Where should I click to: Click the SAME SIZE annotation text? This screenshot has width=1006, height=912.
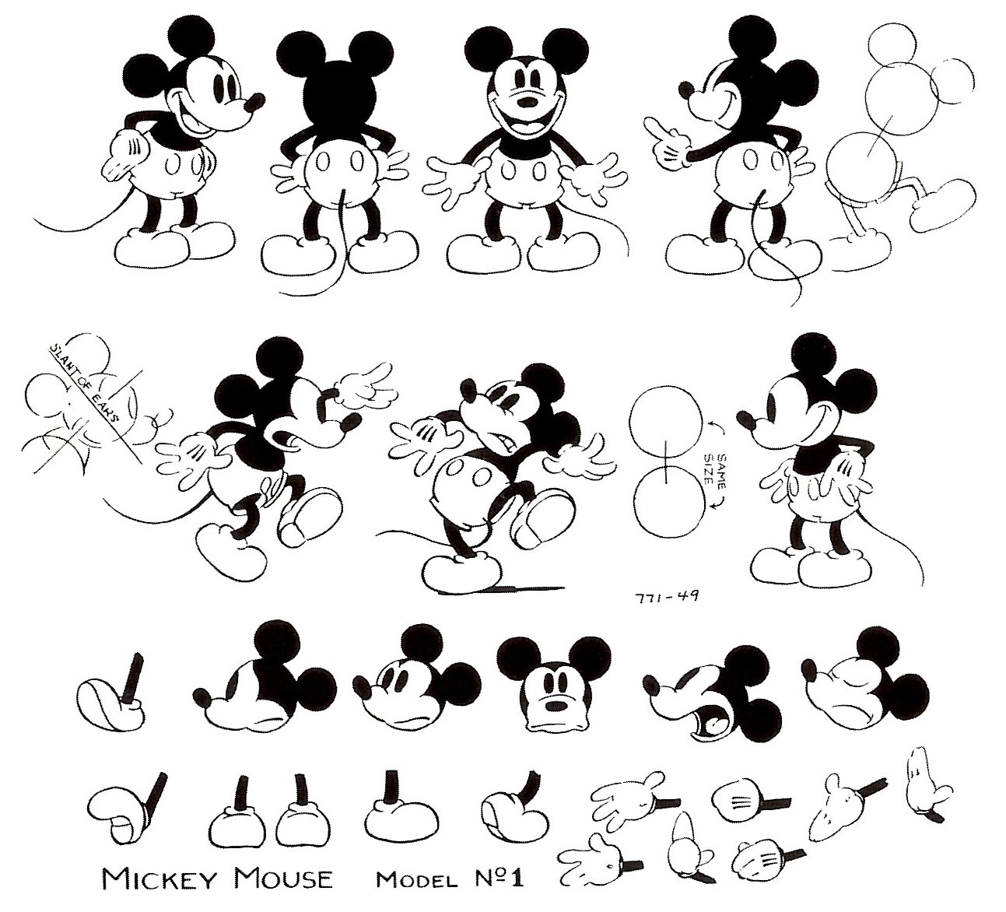tap(717, 475)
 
